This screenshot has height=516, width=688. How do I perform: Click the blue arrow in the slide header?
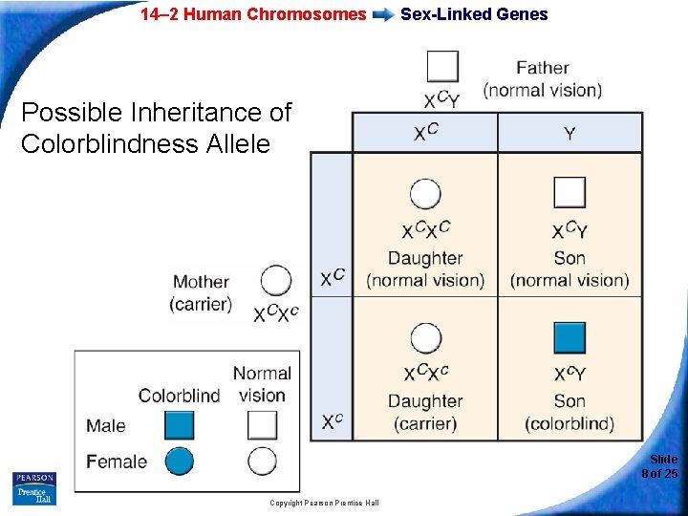tap(383, 14)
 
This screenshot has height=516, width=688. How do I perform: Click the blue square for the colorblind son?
tap(570, 337)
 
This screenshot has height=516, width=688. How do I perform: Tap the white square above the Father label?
tap(442, 67)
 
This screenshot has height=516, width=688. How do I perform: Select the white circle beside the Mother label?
tap(276, 281)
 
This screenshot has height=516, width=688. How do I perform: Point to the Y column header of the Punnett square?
tap(570, 134)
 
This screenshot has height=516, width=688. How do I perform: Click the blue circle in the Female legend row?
tap(179, 462)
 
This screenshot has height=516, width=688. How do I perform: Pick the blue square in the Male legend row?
tap(179, 425)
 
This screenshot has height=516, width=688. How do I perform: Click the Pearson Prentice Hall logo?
tap(34, 487)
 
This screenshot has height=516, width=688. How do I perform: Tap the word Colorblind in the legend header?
tap(179, 395)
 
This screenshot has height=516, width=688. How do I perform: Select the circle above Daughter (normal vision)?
tap(425, 194)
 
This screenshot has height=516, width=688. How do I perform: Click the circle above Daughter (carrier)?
tap(425, 337)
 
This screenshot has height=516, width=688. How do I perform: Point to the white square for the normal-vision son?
tap(570, 193)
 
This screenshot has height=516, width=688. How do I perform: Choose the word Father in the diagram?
tap(542, 68)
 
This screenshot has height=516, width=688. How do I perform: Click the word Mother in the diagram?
tap(201, 282)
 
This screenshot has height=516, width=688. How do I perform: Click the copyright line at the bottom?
tap(324, 503)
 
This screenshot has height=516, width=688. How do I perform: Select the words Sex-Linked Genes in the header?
tap(474, 14)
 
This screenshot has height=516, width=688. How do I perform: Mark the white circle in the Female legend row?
tap(262, 462)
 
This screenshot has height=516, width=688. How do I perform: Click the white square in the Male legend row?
tap(262, 425)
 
